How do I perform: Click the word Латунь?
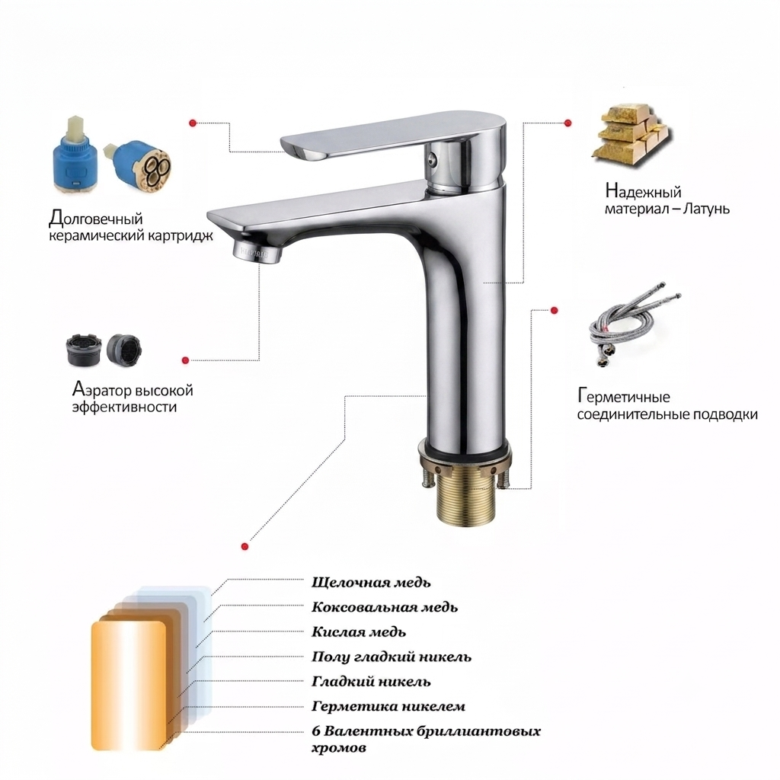[x=706, y=209]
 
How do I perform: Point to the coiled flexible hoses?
[x=633, y=329]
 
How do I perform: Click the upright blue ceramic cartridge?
[x=75, y=155]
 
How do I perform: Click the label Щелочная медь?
[x=371, y=582]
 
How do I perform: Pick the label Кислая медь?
[x=359, y=631]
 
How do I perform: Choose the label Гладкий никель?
[x=371, y=682]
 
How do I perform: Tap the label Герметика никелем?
[x=388, y=706]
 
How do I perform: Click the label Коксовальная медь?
[x=385, y=607]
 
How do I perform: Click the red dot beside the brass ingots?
[x=567, y=123]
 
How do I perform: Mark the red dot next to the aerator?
[x=186, y=360]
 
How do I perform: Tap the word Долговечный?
[x=96, y=219]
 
